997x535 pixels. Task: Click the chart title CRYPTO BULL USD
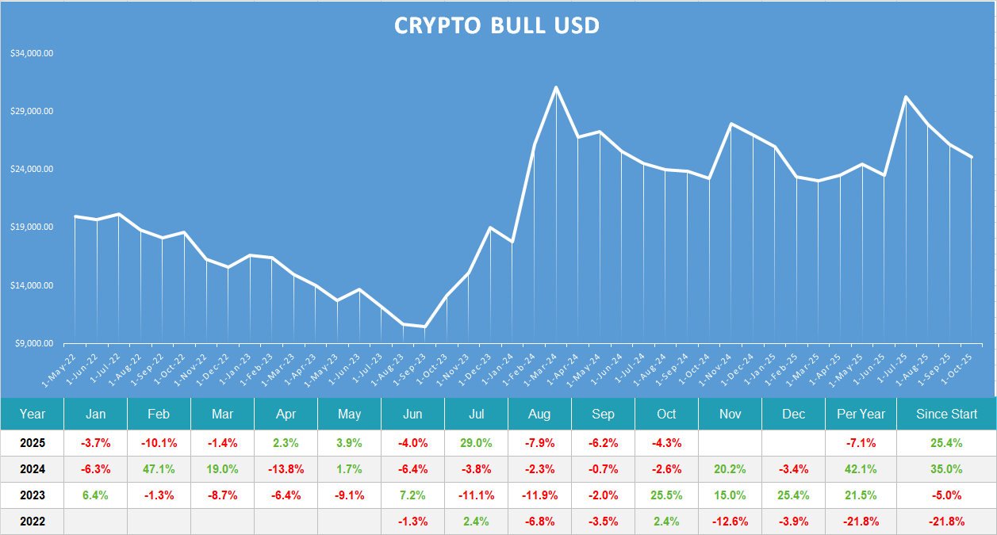click(x=497, y=25)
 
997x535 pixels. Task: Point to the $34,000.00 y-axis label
click(x=32, y=54)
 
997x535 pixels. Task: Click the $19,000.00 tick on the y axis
click(x=32, y=227)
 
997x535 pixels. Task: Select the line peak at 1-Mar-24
click(x=556, y=87)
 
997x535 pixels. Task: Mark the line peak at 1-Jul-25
click(x=906, y=97)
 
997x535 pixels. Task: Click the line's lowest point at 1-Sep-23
click(x=425, y=327)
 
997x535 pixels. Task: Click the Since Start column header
click(x=946, y=414)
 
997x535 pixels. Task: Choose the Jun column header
click(x=412, y=414)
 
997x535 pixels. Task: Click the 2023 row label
click(x=33, y=495)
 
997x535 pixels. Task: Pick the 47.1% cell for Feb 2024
click(x=159, y=469)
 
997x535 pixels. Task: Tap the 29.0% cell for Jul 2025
click(x=476, y=443)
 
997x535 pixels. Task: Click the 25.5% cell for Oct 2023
click(x=666, y=495)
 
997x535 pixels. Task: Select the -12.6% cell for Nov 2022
click(x=730, y=522)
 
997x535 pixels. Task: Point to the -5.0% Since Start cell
click(x=946, y=495)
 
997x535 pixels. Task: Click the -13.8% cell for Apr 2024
click(x=286, y=469)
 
